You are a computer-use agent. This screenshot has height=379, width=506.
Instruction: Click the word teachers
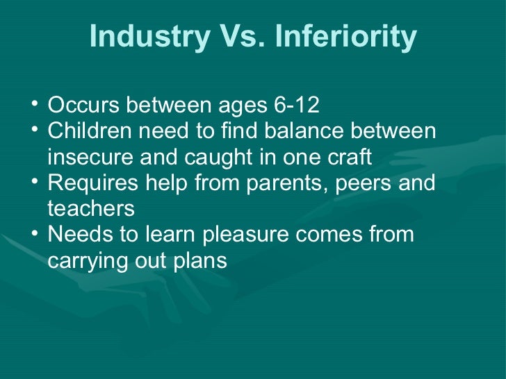coord(90,208)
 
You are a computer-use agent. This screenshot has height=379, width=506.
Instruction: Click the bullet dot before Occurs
coord(34,105)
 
